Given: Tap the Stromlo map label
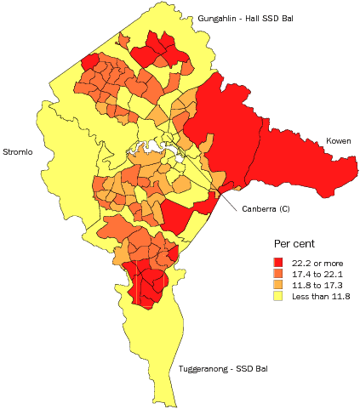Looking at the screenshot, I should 18,152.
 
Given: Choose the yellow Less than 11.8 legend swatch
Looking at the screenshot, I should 278,297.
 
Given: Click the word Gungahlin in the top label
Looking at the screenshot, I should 217,18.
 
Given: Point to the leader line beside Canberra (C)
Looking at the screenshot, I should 231,200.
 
